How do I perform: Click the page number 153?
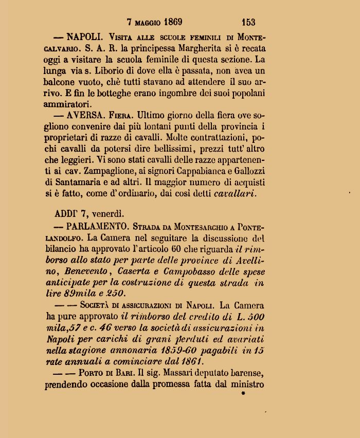pyautogui.click(x=248, y=22)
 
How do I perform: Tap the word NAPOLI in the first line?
pyautogui.click(x=85, y=36)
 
